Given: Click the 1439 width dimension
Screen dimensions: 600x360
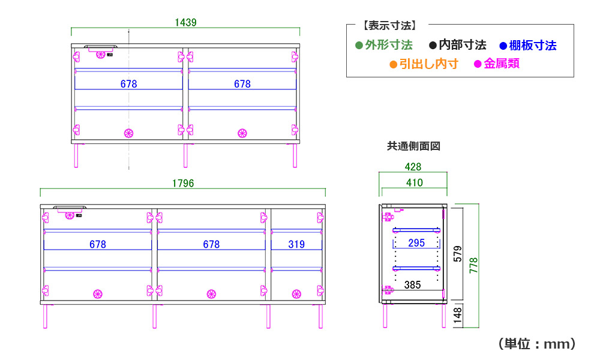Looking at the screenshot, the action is (x=185, y=23).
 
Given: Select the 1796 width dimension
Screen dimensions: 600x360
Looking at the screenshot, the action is (x=183, y=183).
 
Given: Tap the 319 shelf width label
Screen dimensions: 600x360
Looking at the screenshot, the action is (x=296, y=244).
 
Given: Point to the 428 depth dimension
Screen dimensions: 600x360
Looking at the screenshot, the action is (x=413, y=167).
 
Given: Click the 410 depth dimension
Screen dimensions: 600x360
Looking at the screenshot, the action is (x=415, y=183).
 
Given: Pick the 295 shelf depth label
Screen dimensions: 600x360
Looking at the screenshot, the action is (x=416, y=243).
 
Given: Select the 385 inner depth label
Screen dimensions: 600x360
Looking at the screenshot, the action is (x=413, y=285).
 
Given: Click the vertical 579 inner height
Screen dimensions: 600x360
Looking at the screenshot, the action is (x=458, y=254).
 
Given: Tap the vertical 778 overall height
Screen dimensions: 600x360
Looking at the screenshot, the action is (x=474, y=266).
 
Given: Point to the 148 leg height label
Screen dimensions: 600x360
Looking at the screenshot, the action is (x=458, y=316).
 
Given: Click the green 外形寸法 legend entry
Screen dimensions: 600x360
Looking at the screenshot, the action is (x=384, y=45).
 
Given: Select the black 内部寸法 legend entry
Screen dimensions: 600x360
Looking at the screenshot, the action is (x=458, y=45).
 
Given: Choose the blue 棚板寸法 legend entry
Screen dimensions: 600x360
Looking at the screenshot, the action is (x=528, y=46).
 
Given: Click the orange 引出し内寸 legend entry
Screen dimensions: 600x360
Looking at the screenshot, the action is (x=424, y=64).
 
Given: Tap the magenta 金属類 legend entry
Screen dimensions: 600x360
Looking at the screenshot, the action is (x=497, y=64).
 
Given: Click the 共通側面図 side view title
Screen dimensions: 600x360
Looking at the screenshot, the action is (x=413, y=146).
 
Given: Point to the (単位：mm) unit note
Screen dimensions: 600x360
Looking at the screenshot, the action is (x=537, y=344).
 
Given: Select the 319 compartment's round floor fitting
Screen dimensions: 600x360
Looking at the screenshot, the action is (x=296, y=294).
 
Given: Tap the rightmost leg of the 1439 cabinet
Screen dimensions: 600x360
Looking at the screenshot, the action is (x=295, y=155).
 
